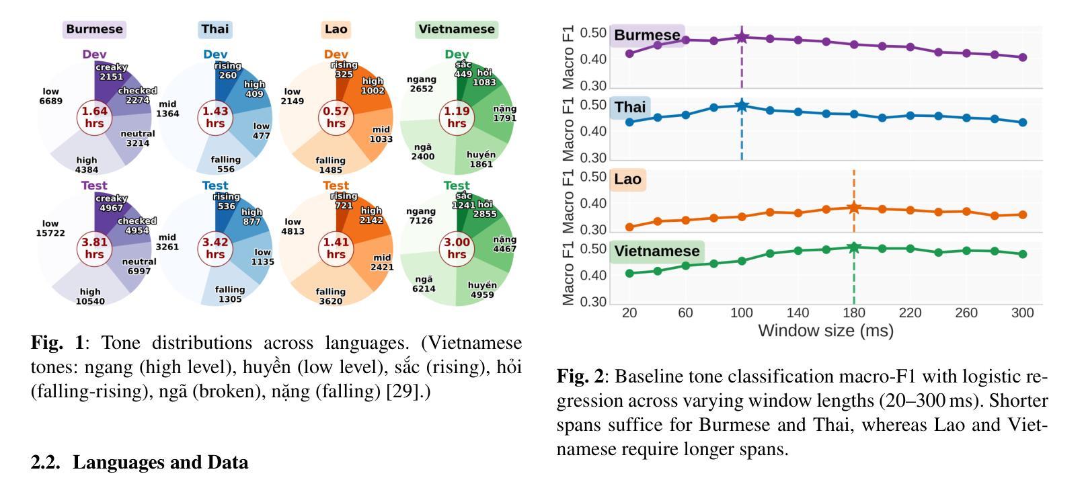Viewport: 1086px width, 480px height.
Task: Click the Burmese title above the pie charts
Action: point(94,29)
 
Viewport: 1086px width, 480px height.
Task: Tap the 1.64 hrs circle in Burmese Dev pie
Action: point(94,118)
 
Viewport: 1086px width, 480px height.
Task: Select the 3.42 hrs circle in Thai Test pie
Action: point(215,248)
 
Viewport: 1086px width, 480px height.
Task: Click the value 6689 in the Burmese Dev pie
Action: point(50,102)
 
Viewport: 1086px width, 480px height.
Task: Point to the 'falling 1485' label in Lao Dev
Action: point(330,165)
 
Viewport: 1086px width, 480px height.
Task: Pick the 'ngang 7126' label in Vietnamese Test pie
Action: point(421,216)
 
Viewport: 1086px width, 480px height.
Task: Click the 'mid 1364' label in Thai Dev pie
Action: point(167,109)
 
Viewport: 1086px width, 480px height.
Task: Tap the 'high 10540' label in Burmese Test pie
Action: point(89,296)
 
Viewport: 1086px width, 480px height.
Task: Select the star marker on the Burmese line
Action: point(742,37)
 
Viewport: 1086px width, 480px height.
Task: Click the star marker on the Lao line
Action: point(854,208)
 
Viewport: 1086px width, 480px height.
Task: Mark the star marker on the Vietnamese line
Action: point(854,247)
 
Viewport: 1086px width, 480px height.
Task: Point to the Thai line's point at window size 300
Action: point(1023,122)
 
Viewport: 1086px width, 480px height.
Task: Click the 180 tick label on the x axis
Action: point(854,313)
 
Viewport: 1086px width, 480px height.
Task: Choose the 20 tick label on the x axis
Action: point(629,313)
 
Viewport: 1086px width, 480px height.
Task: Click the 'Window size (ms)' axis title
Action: point(826,331)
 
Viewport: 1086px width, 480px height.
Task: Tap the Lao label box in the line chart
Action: point(628,179)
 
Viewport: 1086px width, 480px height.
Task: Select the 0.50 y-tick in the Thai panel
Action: point(593,105)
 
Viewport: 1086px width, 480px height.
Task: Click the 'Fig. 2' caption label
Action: point(580,376)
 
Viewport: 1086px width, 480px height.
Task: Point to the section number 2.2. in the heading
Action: point(47,463)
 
